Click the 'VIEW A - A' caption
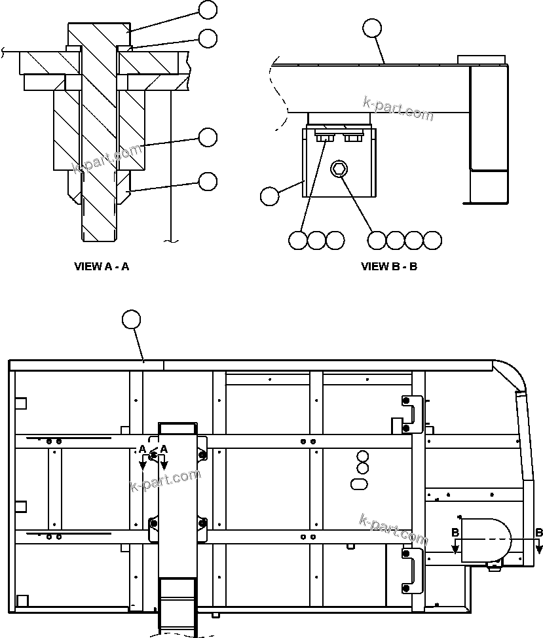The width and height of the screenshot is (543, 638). tap(102, 266)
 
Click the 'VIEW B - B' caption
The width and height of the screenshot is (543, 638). tap(389, 266)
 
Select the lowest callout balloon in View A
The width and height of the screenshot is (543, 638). tap(208, 181)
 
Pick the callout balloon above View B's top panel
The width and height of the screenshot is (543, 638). tap(371, 28)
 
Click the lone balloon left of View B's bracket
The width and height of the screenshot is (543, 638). tap(269, 196)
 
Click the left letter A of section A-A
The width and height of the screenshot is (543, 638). tap(142, 449)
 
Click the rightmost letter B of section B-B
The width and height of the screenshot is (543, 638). tap(538, 533)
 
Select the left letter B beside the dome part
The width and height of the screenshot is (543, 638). tap(455, 533)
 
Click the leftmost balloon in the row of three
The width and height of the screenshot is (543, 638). tap(298, 240)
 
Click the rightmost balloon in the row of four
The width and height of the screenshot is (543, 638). tap(432, 240)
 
